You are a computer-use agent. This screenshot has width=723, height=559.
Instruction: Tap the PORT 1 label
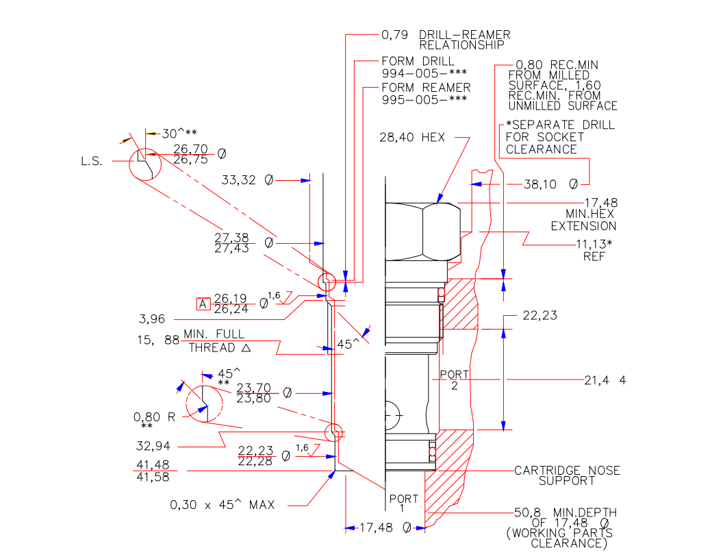point(403,503)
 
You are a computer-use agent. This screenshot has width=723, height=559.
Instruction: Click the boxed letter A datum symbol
point(202,303)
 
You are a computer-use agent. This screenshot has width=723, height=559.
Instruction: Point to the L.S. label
point(92,162)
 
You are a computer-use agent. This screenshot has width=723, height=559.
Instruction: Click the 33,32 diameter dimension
point(247,180)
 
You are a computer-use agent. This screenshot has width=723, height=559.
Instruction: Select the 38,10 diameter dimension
point(550,184)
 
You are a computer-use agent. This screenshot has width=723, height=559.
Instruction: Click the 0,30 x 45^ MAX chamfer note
point(223,506)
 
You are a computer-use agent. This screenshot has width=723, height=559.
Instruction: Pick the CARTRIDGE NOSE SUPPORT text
point(567,475)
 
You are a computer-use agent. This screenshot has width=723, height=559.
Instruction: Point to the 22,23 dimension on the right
point(540,316)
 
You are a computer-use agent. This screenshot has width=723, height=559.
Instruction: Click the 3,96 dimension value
point(153,319)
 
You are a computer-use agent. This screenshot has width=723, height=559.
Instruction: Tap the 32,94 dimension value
point(153,447)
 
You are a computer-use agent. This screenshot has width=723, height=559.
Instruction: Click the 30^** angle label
point(179,134)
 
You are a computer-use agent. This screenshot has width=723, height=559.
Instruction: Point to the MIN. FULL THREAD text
point(213,340)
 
